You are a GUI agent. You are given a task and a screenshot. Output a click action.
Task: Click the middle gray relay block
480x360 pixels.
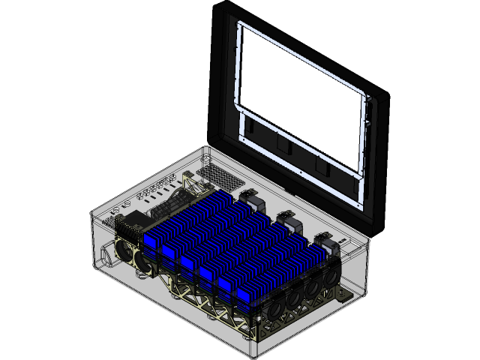click(x=286, y=219)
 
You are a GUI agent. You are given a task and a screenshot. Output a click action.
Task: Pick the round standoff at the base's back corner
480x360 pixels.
click(x=207, y=158)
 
